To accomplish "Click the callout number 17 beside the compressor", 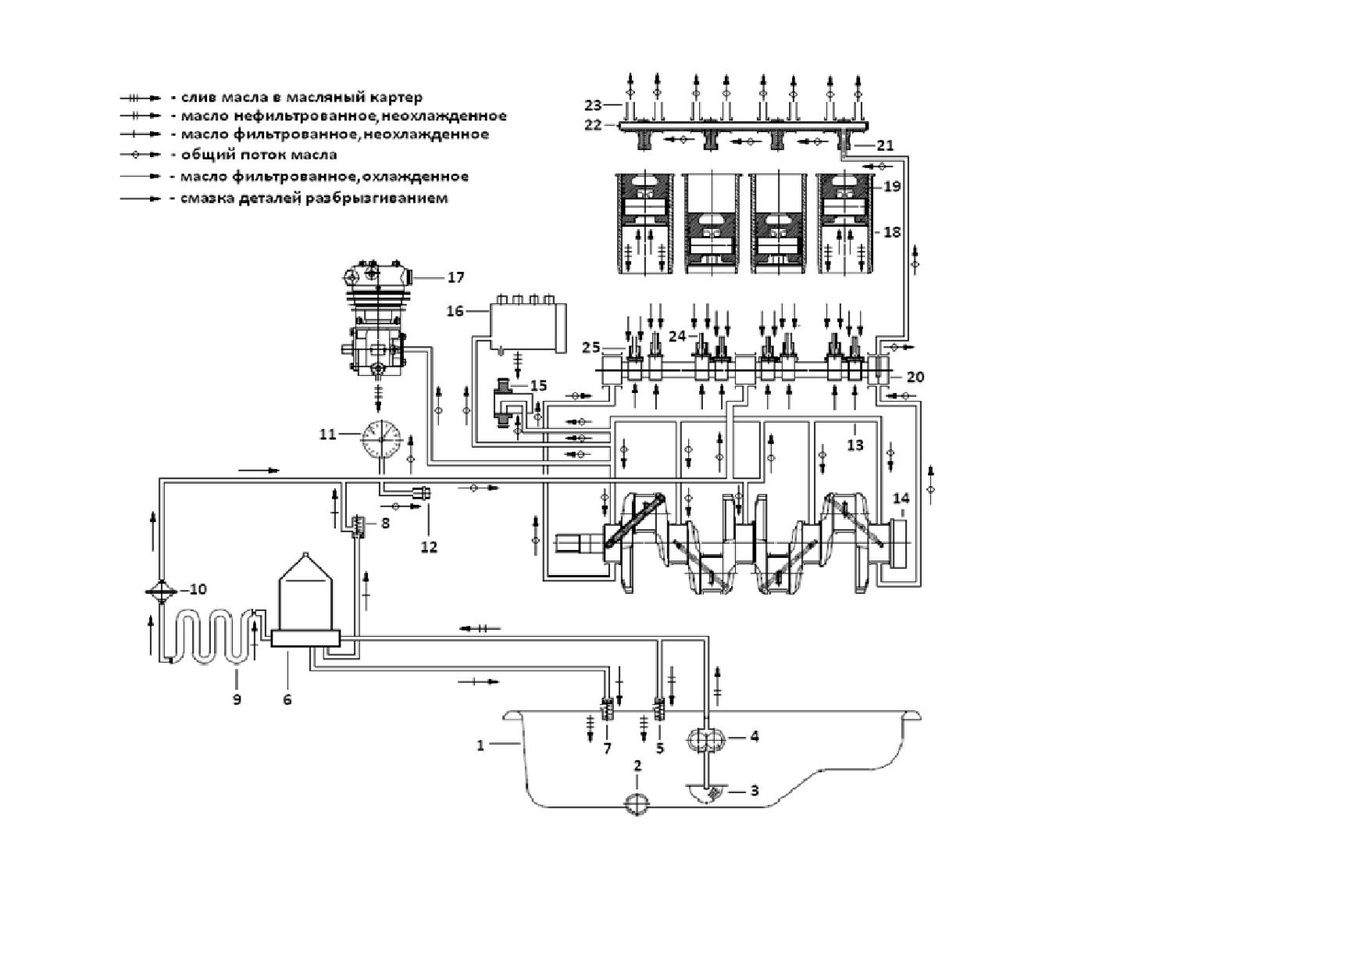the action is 455,277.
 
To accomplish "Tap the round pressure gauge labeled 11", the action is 381,439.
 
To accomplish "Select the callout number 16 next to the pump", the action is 455,311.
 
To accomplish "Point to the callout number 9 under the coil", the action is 237,699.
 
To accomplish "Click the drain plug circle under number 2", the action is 637,804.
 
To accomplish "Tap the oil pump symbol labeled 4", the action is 705,738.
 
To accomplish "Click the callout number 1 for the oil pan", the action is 481,746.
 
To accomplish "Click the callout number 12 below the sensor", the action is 429,547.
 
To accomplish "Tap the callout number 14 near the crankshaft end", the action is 901,499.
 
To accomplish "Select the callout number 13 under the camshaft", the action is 855,445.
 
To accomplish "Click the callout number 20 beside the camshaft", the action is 915,377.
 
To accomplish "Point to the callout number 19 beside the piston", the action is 892,187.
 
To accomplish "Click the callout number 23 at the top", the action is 594,105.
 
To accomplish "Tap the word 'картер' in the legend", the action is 398,98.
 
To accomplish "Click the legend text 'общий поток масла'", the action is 259,155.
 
